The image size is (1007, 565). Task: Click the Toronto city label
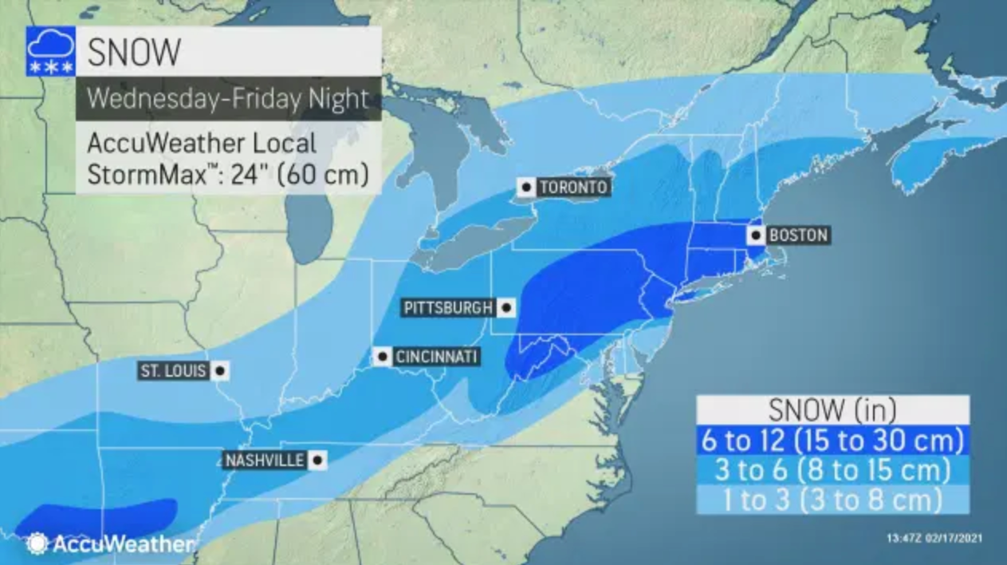point(573,188)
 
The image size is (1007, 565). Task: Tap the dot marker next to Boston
point(755,235)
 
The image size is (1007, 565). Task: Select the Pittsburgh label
point(448,308)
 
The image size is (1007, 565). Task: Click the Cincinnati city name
point(436,357)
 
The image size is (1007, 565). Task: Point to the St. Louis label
point(174,371)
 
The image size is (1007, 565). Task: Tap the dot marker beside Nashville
point(317,460)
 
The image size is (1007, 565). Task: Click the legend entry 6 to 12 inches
point(832,440)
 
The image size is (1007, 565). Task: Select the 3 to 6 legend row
point(832,469)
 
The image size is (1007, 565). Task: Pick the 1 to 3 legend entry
point(832,500)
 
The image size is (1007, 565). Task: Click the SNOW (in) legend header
point(832,409)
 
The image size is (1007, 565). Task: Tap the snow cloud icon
point(51,51)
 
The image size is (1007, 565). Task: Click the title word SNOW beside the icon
point(134,52)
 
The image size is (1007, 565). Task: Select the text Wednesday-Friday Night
point(228,98)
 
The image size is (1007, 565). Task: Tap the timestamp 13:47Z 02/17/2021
point(934,538)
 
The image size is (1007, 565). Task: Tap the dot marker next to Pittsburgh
point(506,308)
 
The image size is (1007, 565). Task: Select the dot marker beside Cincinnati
point(384,357)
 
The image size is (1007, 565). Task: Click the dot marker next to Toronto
point(525,188)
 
